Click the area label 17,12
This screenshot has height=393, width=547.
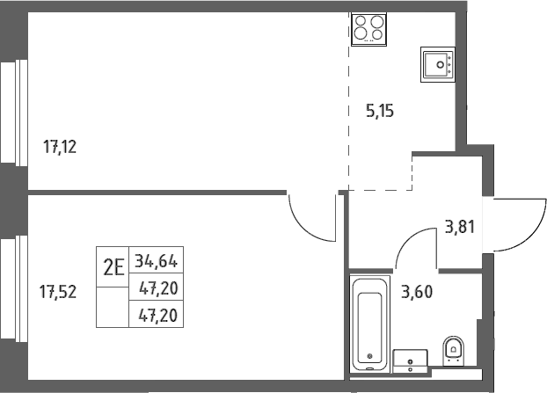60,147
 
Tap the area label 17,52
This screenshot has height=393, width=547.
58,292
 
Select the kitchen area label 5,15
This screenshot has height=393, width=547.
380,111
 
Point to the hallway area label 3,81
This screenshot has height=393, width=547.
460,227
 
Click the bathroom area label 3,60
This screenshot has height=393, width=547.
417,292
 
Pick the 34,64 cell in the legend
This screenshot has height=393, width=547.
157,260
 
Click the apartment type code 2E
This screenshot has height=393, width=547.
113,268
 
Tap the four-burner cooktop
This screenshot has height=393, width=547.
368,29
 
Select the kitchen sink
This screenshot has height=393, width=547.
438,64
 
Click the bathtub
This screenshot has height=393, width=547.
369,324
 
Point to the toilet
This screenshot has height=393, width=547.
454,351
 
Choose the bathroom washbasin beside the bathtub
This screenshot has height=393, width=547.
410,361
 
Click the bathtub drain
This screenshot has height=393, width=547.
369,356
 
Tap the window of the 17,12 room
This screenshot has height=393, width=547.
14,113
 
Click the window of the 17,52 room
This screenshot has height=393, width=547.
14,289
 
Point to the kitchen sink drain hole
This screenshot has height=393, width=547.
441,64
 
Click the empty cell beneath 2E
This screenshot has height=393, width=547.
113,307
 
